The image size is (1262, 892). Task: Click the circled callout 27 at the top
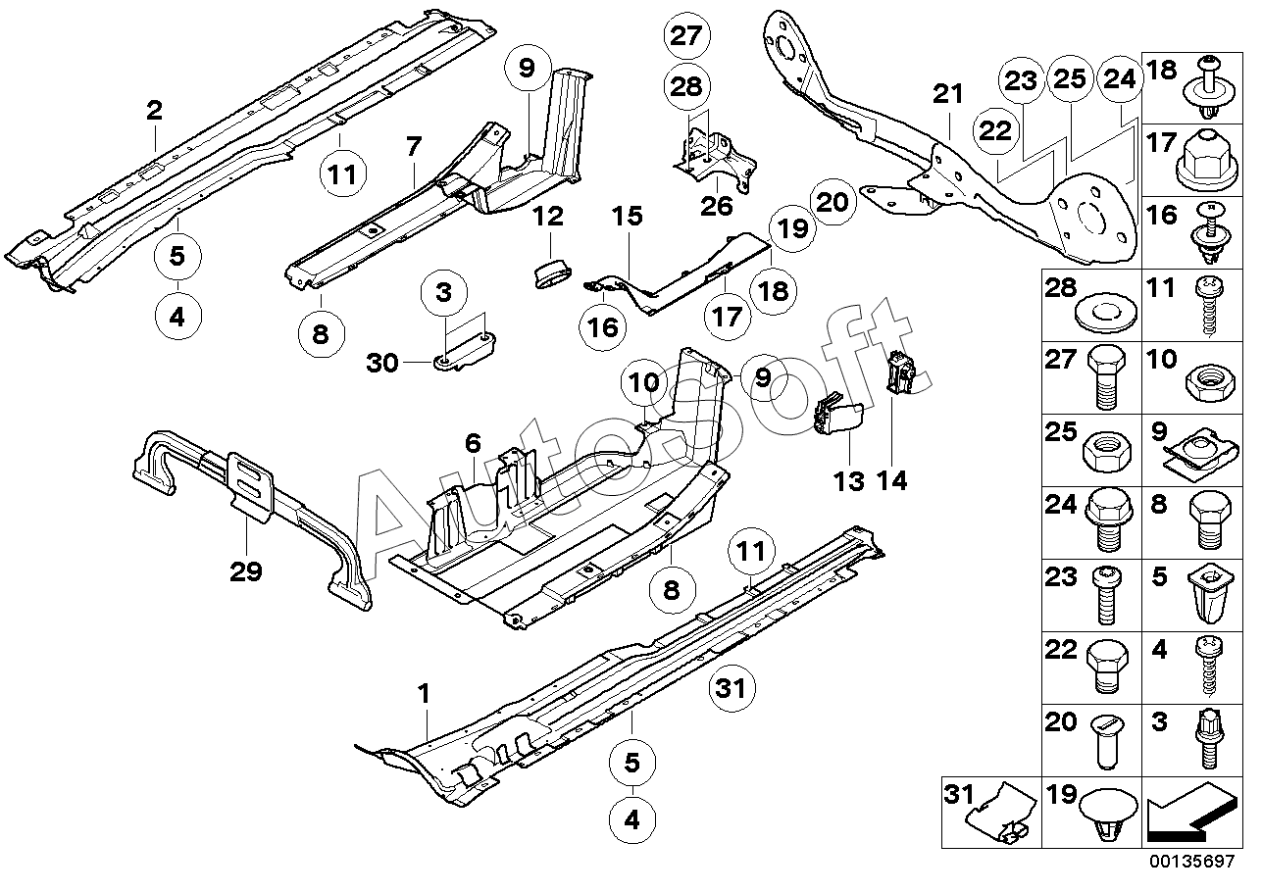click(x=686, y=36)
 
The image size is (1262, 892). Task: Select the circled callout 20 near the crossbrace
click(x=833, y=202)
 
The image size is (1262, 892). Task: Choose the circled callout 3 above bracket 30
click(x=444, y=293)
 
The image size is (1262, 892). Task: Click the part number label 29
click(x=246, y=571)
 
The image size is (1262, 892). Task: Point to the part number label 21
click(x=947, y=94)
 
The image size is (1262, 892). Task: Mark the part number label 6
click(x=473, y=444)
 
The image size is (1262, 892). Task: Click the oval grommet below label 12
click(x=551, y=273)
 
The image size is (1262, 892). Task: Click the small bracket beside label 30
click(x=466, y=351)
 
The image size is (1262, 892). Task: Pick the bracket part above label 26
click(x=716, y=157)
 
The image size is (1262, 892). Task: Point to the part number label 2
click(x=154, y=111)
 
